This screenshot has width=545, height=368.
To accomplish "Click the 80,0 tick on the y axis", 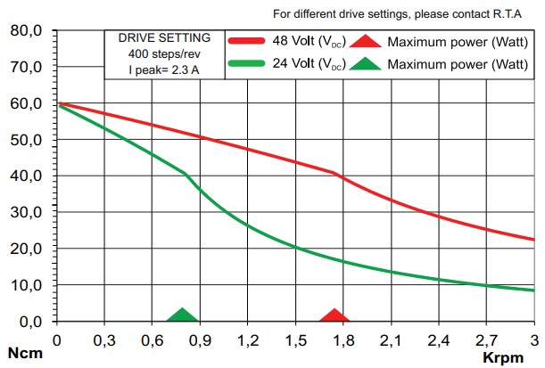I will (26, 31).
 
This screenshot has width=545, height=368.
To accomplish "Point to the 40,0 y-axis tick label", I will (26, 176).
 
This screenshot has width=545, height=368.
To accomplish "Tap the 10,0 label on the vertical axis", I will (26, 285).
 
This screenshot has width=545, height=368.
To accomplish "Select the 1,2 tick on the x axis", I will (248, 339).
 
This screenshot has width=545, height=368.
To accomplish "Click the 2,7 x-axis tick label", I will (486, 339).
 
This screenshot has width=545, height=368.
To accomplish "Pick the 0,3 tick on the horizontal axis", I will (104, 339).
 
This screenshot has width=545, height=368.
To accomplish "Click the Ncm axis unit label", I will (21, 354).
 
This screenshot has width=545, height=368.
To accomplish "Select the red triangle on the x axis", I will (334, 315).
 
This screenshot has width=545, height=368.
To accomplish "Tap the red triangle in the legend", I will (365, 41).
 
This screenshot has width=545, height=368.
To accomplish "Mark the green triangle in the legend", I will (365, 63).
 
